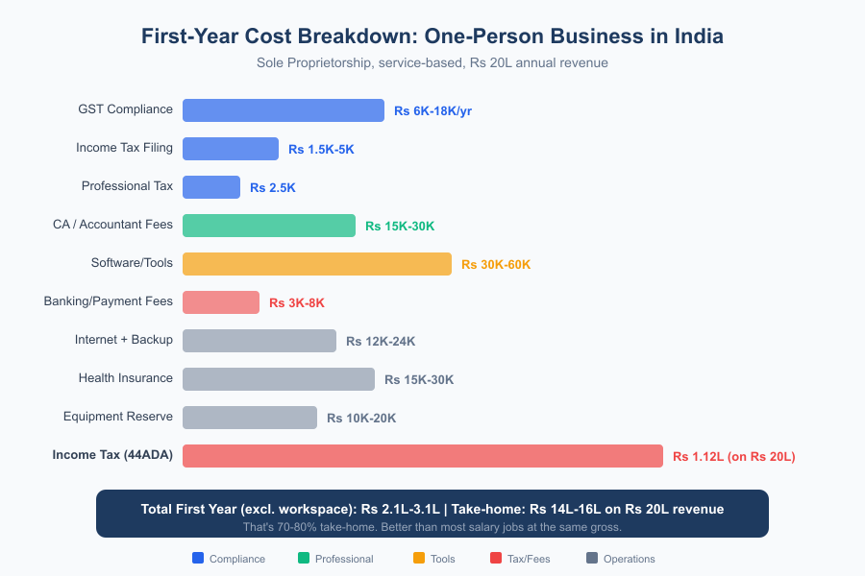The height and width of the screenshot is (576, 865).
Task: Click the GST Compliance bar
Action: coord(284,110)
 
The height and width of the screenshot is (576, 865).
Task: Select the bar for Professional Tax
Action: coord(211,187)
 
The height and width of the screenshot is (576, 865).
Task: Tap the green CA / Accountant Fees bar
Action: coord(269,226)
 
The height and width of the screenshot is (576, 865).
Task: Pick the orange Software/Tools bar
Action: coord(317,264)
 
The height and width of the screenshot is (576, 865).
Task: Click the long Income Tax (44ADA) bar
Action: coord(423,456)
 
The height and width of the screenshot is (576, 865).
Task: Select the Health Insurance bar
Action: coord(279,379)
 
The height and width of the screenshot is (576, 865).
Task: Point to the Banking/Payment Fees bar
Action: coord(221,302)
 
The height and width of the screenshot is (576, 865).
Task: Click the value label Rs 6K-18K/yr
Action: coord(432,111)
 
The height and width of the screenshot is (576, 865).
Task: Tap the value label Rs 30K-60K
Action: coord(496,265)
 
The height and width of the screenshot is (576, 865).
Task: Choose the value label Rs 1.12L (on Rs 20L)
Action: coord(733,457)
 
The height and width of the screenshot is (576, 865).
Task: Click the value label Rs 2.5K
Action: coord(273,188)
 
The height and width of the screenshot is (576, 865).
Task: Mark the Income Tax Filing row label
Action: coord(125,148)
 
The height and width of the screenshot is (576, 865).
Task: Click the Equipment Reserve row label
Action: coord(118,417)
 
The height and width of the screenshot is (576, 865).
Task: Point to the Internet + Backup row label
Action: coord(124,340)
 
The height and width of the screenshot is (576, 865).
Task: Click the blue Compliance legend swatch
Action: coord(198,559)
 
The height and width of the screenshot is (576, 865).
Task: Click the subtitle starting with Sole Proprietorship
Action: coord(432,62)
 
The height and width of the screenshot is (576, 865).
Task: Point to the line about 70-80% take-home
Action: coord(432,527)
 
